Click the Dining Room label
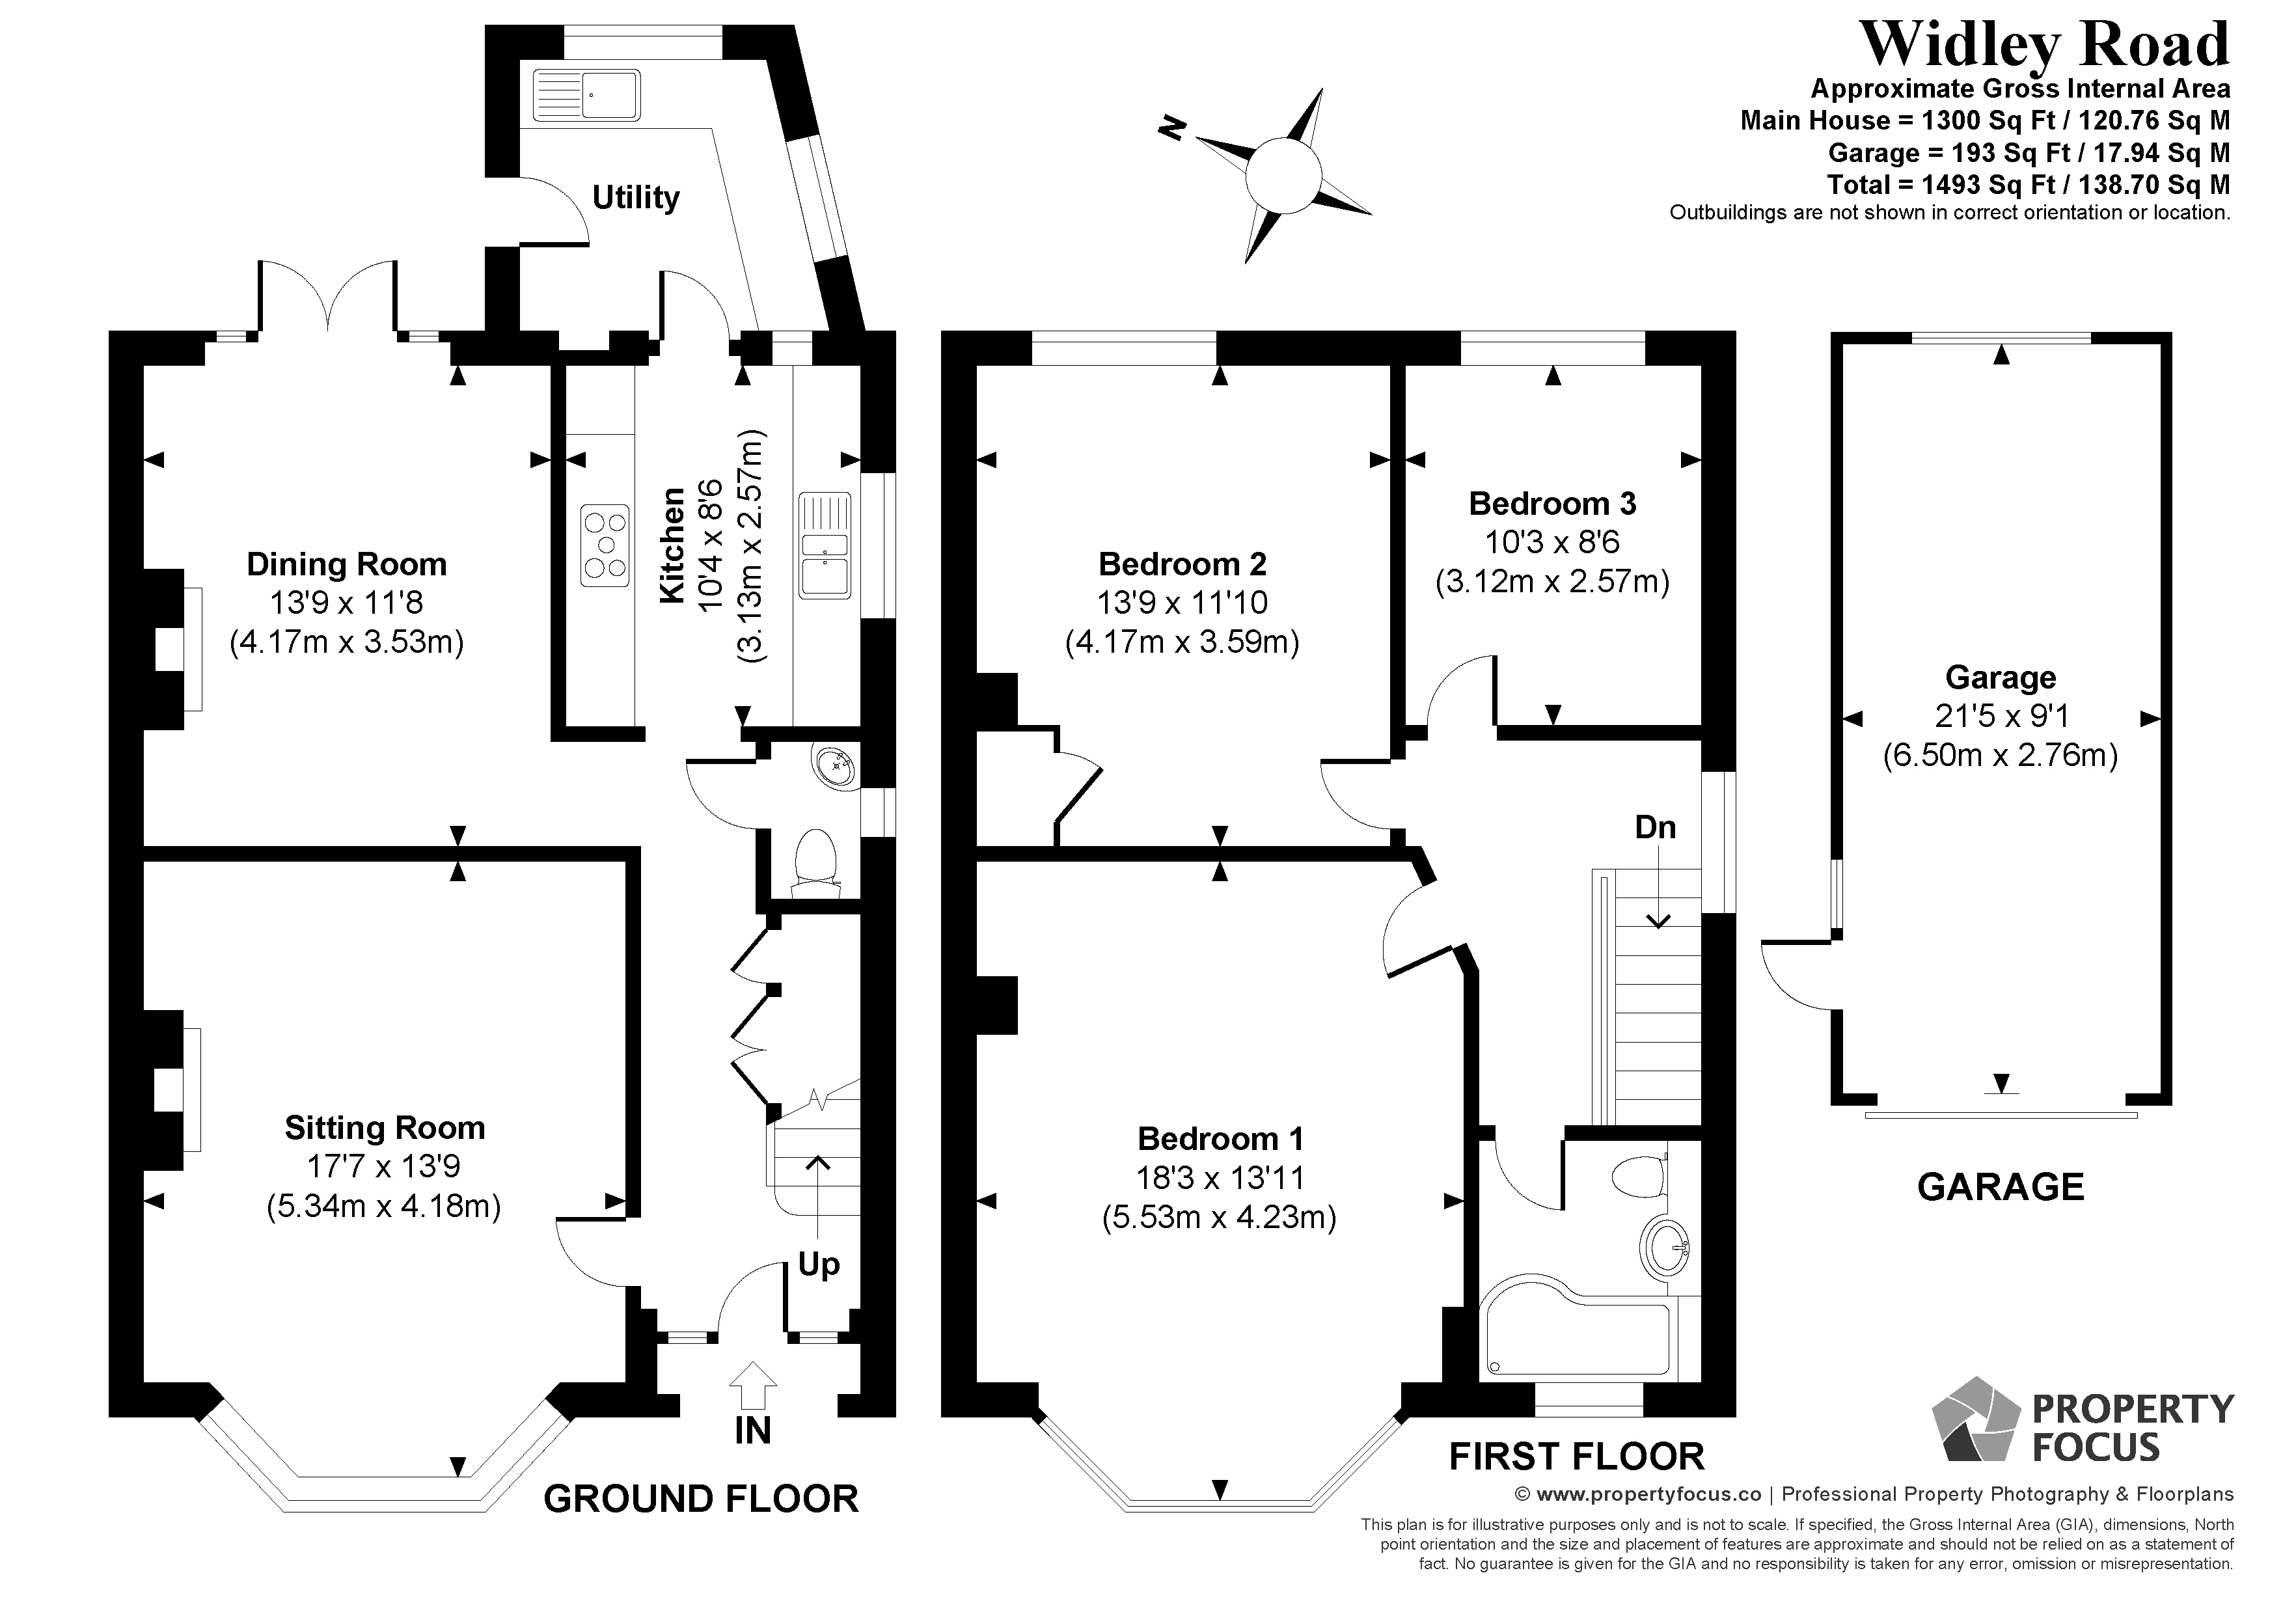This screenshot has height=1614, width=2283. [346, 565]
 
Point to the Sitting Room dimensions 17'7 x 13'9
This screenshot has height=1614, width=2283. [384, 1166]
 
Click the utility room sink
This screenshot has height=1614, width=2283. [586, 96]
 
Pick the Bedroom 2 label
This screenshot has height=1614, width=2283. [1183, 565]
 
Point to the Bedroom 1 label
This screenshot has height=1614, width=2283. [1220, 1139]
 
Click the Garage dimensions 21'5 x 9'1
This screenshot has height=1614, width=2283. [2000, 716]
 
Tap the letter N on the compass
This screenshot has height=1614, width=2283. [1174, 128]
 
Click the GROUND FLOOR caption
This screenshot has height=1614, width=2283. [701, 1499]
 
